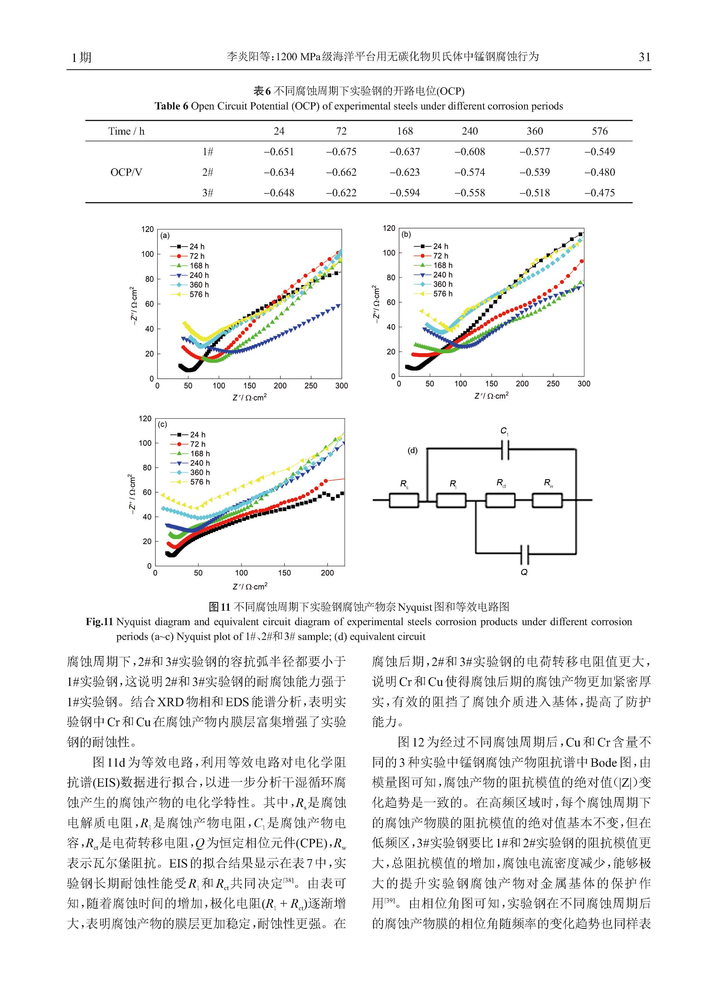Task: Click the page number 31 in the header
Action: coord(644,57)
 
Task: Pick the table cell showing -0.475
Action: coord(600,193)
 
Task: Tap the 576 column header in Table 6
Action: coord(600,131)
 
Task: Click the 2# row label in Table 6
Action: coord(208,172)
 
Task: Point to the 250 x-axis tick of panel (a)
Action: coord(311,386)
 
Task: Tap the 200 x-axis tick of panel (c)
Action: coord(327,573)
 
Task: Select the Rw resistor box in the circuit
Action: coord(547,500)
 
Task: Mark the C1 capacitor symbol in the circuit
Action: coord(505,449)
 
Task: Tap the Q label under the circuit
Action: coord(524,572)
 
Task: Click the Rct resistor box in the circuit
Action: coord(500,500)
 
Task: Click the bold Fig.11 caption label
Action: coord(99,622)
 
